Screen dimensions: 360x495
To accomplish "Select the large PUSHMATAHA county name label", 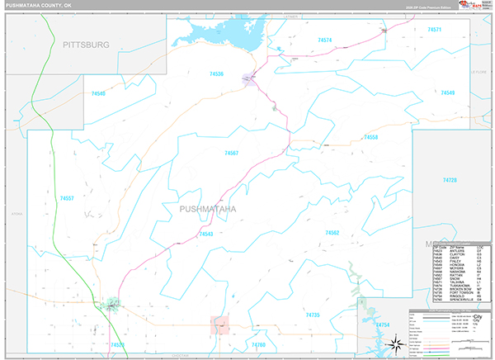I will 207,209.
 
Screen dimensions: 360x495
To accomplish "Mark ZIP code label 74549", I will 446,92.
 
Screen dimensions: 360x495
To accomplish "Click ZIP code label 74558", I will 370,137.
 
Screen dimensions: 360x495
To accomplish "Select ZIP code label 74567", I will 231,153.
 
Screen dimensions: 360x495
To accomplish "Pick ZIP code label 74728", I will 450,180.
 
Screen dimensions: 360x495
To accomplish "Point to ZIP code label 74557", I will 67,198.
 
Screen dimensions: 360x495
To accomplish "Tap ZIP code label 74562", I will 332,233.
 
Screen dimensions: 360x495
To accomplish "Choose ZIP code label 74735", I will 312,315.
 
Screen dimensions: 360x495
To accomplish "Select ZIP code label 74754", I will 383,325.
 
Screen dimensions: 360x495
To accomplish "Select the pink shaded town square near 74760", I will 219,325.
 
